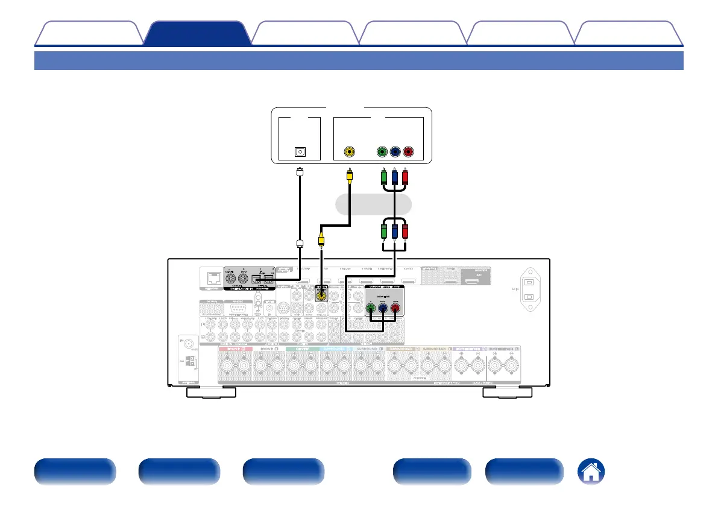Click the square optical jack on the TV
(299, 152)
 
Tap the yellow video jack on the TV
(348, 152)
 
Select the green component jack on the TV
(381, 152)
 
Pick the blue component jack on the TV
(395, 152)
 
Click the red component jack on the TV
(409, 152)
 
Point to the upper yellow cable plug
(348, 177)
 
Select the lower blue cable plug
(395, 232)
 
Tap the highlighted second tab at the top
(197, 33)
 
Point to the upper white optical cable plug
(299, 173)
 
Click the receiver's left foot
(210, 393)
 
